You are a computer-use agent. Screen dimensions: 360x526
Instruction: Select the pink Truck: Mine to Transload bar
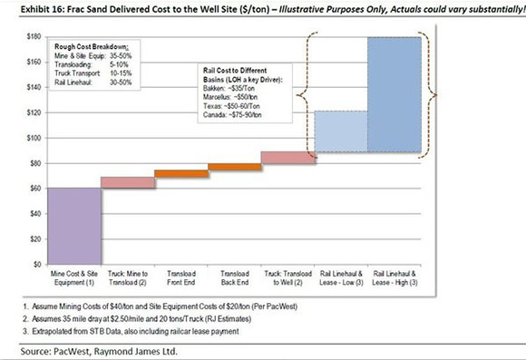point(128,182)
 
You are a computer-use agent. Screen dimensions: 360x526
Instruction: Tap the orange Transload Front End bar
point(181,173)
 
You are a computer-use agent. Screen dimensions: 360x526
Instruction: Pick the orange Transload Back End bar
point(234,167)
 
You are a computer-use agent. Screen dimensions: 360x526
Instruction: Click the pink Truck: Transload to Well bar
point(287,158)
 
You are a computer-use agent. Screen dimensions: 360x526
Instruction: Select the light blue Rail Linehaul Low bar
point(341,131)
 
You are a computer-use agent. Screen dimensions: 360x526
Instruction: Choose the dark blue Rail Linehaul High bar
point(394,94)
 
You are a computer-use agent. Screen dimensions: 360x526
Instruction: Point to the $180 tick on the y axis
point(35,36)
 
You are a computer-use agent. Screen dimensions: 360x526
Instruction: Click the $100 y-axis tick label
point(35,138)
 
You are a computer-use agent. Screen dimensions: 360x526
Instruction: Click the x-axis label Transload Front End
point(181,276)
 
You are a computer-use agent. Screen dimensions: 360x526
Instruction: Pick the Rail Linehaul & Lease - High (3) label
point(394,276)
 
